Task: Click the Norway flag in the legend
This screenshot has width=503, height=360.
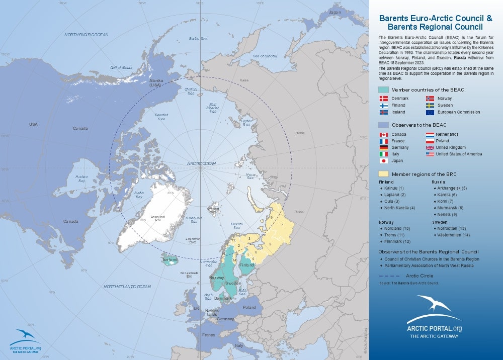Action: [430, 99]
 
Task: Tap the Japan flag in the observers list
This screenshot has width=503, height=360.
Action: [384, 161]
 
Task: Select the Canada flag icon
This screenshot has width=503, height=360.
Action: [384, 134]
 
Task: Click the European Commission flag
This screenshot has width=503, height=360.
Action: [430, 112]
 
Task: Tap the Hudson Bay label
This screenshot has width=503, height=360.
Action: [81, 178]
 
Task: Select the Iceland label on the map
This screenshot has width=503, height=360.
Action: [170, 260]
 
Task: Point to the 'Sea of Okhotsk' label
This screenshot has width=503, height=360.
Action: [265, 56]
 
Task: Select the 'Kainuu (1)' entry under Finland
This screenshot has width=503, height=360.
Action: [394, 188]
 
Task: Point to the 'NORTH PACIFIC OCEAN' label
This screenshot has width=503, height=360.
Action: [86, 35]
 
